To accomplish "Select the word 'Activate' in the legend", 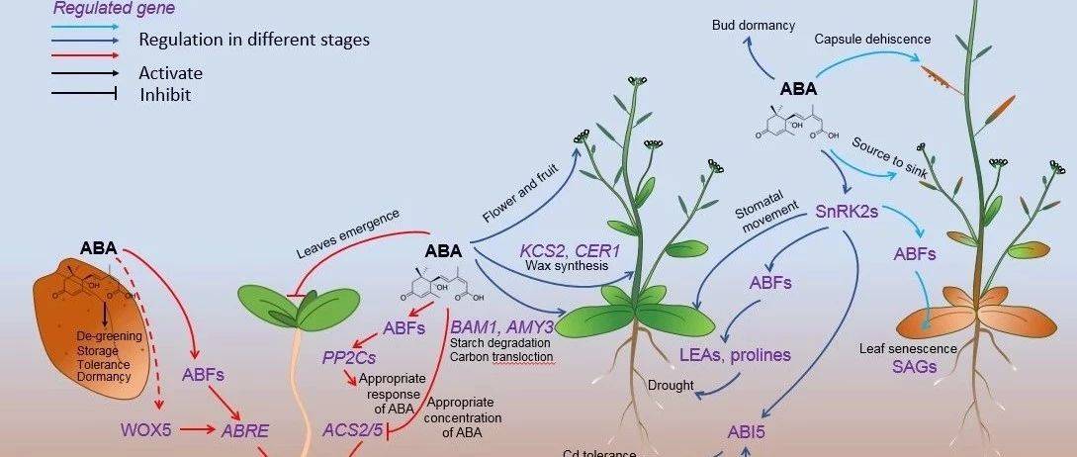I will click(x=170, y=72).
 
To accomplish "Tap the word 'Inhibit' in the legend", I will click(x=165, y=95).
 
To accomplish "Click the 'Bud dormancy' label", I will click(x=753, y=25).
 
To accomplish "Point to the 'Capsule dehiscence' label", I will click(x=872, y=39).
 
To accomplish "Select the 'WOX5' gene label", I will click(x=147, y=430).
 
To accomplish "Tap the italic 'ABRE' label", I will click(x=244, y=430).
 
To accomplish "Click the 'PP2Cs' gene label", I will click(x=351, y=356).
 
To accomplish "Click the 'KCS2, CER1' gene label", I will click(x=570, y=251).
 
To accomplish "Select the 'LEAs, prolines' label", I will click(x=734, y=354).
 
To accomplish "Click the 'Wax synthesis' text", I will click(x=566, y=268).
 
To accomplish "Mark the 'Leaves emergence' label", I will click(x=347, y=232).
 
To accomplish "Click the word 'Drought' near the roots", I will click(x=671, y=385).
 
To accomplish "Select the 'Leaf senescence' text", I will click(x=908, y=348).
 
